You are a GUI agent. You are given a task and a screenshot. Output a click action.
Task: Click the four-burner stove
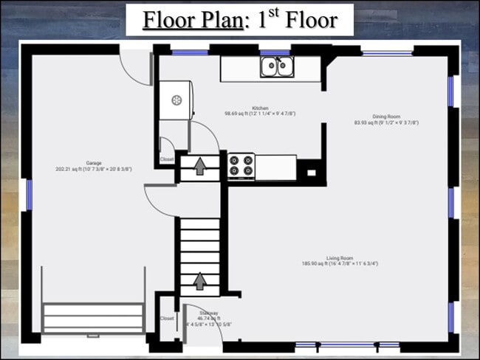click(241, 165)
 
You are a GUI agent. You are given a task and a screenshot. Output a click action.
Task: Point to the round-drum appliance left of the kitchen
click(176, 100)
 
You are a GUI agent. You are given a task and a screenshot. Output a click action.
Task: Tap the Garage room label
click(94, 163)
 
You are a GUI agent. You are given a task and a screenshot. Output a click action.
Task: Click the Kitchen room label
click(259, 108)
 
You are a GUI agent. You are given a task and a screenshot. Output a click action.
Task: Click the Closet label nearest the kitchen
click(167, 159)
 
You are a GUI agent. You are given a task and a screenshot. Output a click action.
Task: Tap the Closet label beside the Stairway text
click(167, 319)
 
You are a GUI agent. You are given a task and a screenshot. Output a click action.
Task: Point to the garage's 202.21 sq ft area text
click(94, 169)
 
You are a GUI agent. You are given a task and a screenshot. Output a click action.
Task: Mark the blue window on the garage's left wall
click(30, 194)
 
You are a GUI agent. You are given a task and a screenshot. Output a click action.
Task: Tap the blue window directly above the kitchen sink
click(275, 52)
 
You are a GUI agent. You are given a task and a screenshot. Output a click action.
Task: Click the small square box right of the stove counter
click(311, 173)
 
